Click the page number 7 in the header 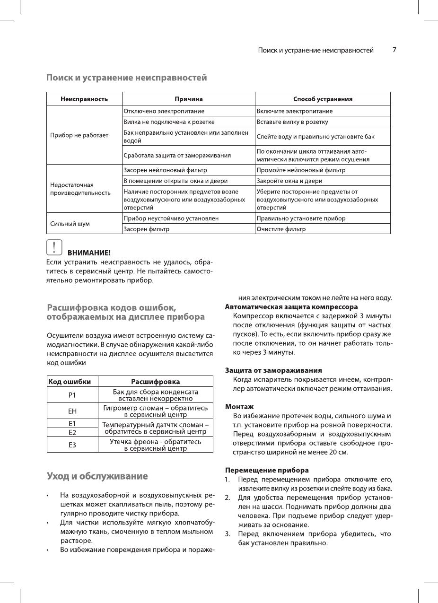click(394, 50)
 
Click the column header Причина click(188, 99)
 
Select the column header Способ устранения click(323, 99)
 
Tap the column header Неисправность click(84, 99)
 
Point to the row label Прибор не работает click(79, 135)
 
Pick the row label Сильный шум click(70, 223)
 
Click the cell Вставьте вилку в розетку click(292, 122)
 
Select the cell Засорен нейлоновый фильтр click(165, 170)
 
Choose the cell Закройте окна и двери click(289, 181)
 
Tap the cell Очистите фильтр click(281, 229)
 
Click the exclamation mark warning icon click(54, 248)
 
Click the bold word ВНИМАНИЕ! click(89, 253)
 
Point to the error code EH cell click(72, 411)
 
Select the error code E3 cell click(72, 445)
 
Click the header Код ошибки click(69, 382)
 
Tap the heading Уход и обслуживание click(97, 476)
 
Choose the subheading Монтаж click(239, 407)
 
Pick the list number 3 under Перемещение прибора click(228, 534)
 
